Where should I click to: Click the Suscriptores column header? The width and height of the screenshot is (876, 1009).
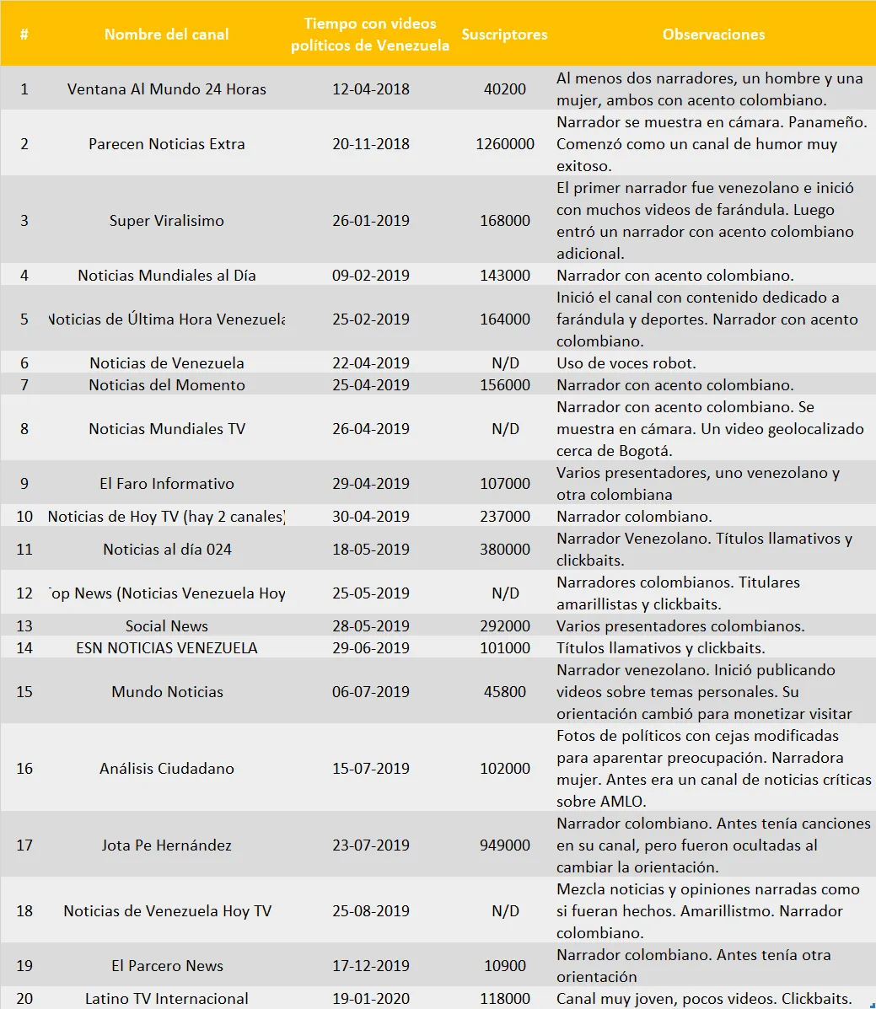click(x=504, y=35)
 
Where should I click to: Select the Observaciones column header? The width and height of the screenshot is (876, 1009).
click(x=713, y=35)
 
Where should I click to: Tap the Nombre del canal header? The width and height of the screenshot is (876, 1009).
click(x=166, y=35)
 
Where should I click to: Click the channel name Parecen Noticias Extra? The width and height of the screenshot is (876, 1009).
click(x=167, y=144)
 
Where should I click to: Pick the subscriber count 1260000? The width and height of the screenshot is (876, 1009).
click(x=505, y=144)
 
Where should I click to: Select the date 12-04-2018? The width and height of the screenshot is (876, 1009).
click(x=371, y=89)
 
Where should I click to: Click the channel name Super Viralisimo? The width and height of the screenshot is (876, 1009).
click(x=167, y=221)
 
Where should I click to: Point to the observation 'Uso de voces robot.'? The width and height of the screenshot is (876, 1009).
click(x=626, y=363)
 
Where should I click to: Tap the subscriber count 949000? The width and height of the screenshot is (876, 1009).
click(x=505, y=845)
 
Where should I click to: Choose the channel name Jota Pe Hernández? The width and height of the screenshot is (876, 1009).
click(x=167, y=845)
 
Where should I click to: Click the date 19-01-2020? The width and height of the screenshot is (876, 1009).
click(x=371, y=999)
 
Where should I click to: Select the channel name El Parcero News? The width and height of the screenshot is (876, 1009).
click(x=167, y=966)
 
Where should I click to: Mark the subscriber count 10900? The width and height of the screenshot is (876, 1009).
click(x=505, y=966)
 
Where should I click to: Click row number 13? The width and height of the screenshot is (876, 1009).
click(x=24, y=626)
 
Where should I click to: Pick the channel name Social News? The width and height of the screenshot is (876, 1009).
click(x=167, y=626)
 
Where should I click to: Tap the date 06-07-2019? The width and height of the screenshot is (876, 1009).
click(x=371, y=692)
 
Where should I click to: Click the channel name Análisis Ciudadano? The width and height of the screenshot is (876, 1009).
click(x=167, y=769)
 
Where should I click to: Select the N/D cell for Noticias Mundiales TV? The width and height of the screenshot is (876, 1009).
click(x=505, y=429)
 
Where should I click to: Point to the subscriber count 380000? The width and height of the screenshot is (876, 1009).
click(x=505, y=550)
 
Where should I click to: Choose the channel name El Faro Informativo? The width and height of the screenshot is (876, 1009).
click(x=167, y=484)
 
